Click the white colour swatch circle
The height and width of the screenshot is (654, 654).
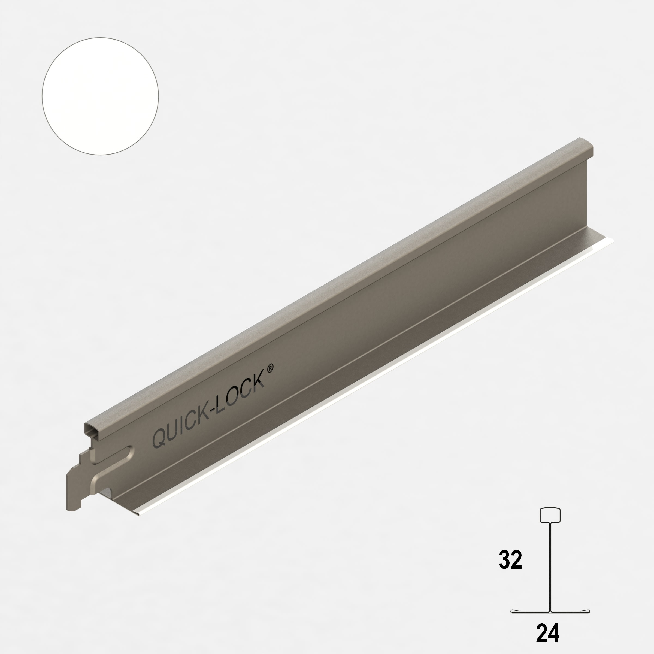100,96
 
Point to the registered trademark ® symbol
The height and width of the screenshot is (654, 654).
270,369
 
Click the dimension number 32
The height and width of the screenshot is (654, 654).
510,560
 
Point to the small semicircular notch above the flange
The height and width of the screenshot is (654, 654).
106,492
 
